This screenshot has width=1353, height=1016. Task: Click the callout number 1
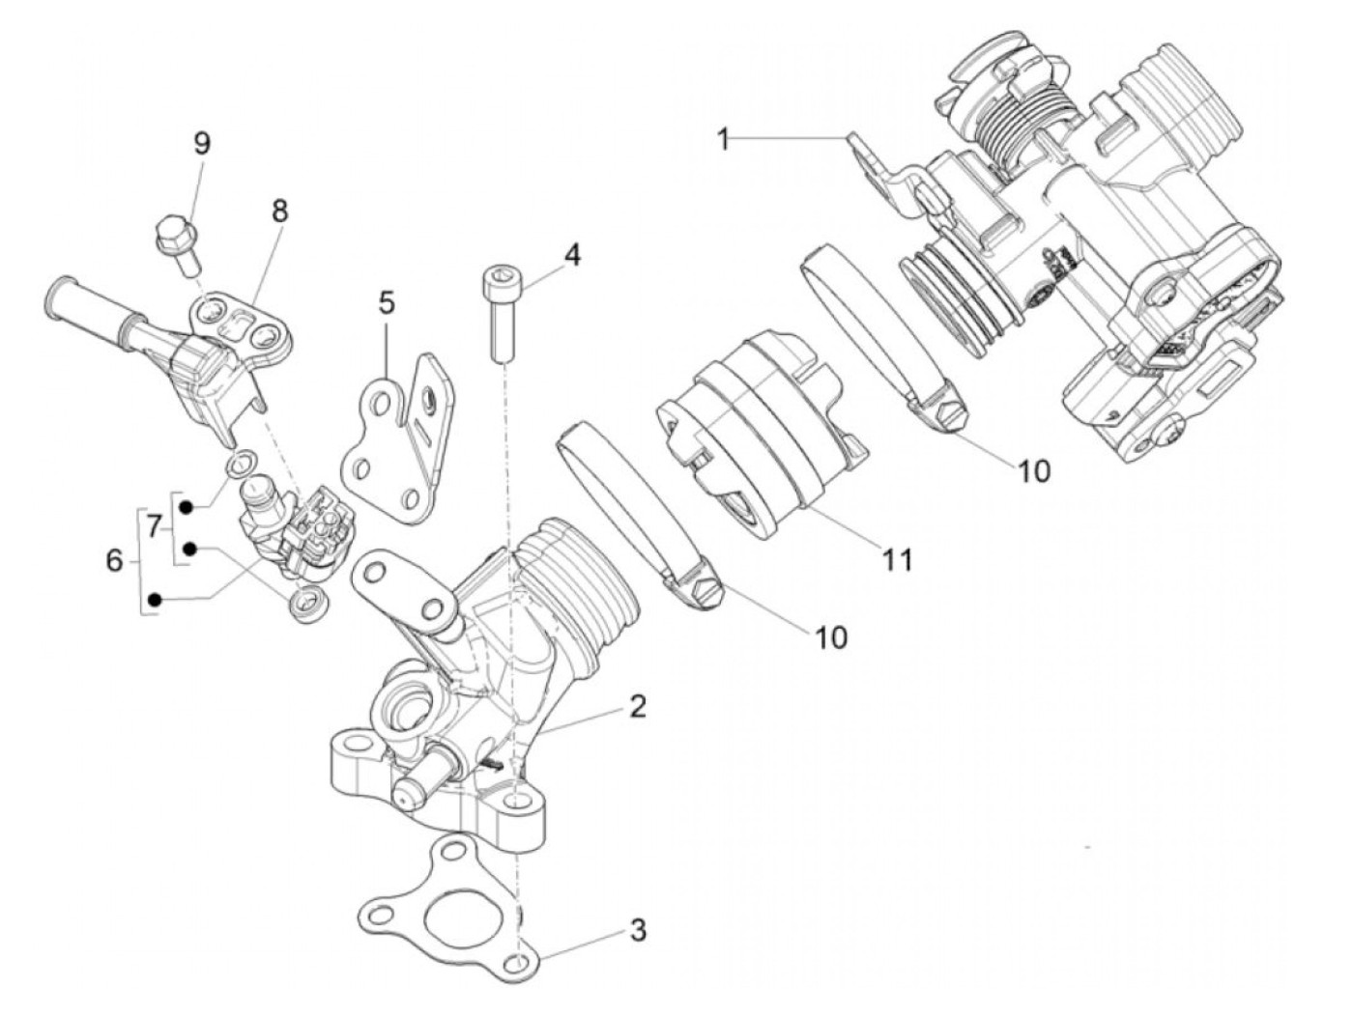point(723,139)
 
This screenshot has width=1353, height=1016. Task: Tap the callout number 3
point(637,931)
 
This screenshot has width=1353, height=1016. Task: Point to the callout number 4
point(573,255)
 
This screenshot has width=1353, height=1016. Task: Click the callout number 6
point(114,560)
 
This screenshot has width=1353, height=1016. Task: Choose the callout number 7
point(153,526)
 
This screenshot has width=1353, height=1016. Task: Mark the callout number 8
point(279,212)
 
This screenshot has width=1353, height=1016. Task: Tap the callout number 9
point(201,143)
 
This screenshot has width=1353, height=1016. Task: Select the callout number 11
point(897,559)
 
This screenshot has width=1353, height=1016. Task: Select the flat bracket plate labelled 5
point(396,444)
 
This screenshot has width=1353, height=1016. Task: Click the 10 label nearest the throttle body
point(1032,470)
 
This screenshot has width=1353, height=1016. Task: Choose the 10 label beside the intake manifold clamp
point(830,636)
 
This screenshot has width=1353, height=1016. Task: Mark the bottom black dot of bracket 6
point(154,601)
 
